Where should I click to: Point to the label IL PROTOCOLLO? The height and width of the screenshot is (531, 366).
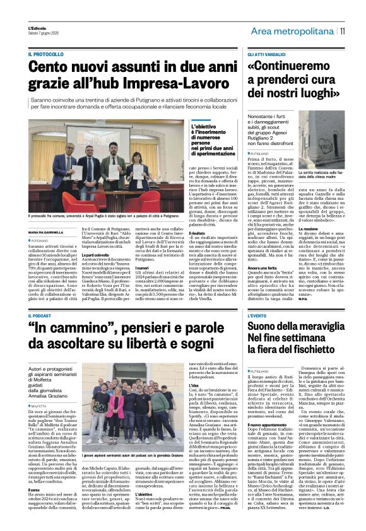46,55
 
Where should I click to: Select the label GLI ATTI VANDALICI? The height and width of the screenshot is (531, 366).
268,55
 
